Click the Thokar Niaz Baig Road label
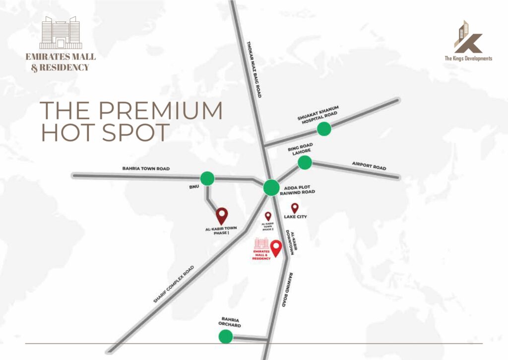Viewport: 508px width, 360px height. point(254,69)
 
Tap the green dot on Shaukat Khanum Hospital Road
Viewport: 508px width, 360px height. point(324,129)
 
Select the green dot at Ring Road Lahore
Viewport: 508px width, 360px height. point(305,162)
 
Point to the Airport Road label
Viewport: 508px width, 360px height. point(369,165)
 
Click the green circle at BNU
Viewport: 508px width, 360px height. point(207,178)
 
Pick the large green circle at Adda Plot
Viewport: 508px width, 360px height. point(272,187)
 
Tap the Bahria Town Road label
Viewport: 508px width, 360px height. point(146,169)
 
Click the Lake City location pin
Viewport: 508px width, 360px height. point(295,208)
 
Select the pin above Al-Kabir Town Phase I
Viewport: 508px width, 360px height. point(222,216)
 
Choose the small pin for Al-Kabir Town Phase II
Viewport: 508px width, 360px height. point(268,216)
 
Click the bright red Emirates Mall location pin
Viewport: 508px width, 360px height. point(276,248)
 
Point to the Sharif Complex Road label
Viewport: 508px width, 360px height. point(174,285)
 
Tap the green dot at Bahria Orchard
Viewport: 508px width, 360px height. point(226,337)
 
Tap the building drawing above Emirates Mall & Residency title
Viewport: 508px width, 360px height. point(59,33)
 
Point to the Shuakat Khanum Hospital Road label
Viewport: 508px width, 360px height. point(317,115)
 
